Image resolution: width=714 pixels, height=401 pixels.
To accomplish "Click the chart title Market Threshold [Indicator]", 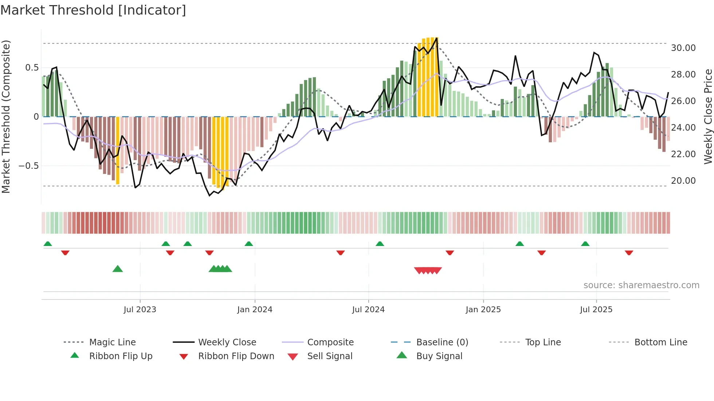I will click(93, 10).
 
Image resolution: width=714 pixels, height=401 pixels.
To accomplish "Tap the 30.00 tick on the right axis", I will click(683, 48).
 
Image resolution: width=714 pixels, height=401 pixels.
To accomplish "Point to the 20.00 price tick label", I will click(683, 181).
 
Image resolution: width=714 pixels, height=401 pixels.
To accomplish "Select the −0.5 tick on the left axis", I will click(28, 166).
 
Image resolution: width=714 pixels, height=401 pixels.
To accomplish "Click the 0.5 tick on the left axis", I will click(32, 68).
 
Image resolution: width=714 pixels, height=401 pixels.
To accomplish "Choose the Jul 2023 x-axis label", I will click(140, 310).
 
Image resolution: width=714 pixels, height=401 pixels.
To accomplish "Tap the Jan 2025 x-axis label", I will click(483, 310).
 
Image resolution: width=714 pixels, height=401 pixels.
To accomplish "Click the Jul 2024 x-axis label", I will click(368, 310).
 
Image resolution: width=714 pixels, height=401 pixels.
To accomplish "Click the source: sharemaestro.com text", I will click(641, 285).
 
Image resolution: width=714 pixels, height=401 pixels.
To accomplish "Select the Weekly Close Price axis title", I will click(708, 116).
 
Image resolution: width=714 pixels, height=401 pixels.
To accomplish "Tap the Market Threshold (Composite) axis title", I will click(6, 116).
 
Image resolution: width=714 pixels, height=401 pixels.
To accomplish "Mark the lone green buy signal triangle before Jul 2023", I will click(118, 269).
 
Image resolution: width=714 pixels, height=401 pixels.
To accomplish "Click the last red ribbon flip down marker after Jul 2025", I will click(629, 253).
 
